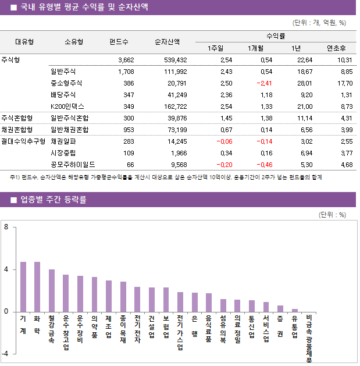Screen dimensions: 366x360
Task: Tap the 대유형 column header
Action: [x=24, y=42]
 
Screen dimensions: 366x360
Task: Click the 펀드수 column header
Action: [x=119, y=42]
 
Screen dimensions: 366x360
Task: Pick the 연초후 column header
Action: [x=336, y=48]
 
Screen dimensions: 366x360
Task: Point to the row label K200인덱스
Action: [x=67, y=106]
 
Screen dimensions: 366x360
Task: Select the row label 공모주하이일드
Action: [x=73, y=165]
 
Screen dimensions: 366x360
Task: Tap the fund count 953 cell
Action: [x=126, y=130]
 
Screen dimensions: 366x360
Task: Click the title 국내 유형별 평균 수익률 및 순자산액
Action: [x=84, y=8]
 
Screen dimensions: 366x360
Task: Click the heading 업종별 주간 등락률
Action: [x=54, y=200]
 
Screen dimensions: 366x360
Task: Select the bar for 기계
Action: [x=23, y=286]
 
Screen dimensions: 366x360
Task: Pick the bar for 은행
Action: [x=194, y=302]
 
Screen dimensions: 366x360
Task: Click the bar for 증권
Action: [x=280, y=308]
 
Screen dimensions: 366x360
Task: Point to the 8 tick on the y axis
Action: [x=6, y=228]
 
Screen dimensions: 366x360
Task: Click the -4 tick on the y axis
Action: [x=5, y=354]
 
